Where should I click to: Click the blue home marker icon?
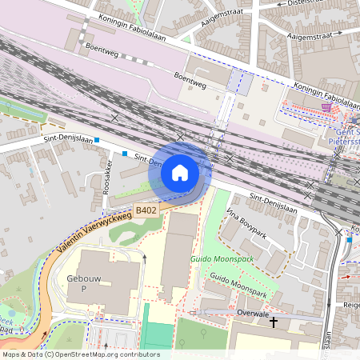pyautogui.click(x=180, y=172)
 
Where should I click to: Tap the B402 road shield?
pyautogui.click(x=146, y=210)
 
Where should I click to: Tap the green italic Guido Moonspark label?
pyautogui.click(x=222, y=260)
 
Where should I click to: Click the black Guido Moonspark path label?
pyautogui.click(x=238, y=286)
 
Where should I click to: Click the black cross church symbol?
pyautogui.click(x=274, y=322)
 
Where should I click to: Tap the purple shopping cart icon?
pyautogui.click(x=326, y=106)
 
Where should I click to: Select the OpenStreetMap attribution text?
pyautogui.click(x=80, y=354)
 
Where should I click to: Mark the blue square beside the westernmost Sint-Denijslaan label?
pyautogui.click(x=97, y=141)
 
